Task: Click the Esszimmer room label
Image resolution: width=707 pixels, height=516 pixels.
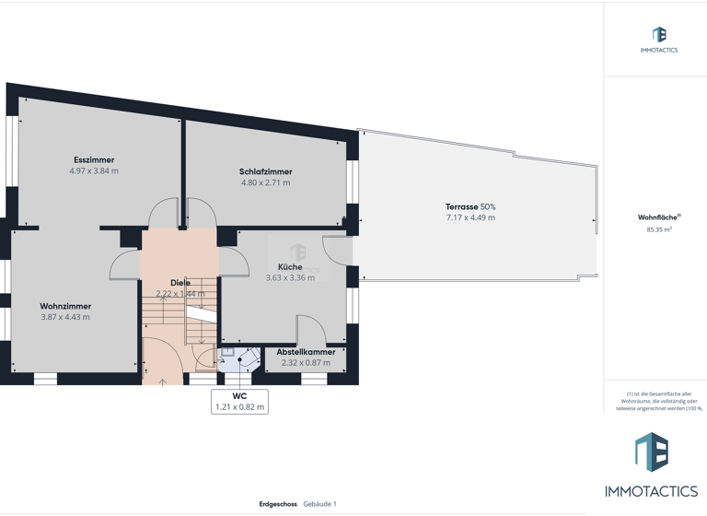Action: point(94,160)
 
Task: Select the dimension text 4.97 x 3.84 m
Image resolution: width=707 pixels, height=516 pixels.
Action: point(94,171)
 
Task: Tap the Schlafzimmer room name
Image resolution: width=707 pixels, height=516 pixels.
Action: point(265,172)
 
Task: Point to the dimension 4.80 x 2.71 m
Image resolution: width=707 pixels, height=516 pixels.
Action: point(265,183)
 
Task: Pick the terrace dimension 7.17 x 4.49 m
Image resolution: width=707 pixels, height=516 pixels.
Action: point(470,218)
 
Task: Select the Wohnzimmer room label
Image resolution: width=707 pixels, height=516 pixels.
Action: point(65,307)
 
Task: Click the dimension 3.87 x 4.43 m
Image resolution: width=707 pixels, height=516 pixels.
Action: point(65,318)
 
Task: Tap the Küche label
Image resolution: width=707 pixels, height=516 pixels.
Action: point(290,267)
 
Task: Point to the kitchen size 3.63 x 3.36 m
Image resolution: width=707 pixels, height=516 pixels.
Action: point(290,278)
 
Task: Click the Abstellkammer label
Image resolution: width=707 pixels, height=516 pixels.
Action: point(306,352)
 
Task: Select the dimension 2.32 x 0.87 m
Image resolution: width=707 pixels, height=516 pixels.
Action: point(306,363)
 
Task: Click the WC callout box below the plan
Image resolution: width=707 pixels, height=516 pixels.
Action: point(239,402)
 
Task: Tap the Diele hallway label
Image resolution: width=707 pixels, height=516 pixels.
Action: point(180,283)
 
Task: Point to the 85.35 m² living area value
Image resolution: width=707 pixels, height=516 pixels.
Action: point(659,229)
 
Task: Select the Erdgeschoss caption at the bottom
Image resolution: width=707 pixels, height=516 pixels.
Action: point(278,504)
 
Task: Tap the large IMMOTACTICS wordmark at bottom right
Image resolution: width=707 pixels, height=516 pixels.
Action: point(651,491)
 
